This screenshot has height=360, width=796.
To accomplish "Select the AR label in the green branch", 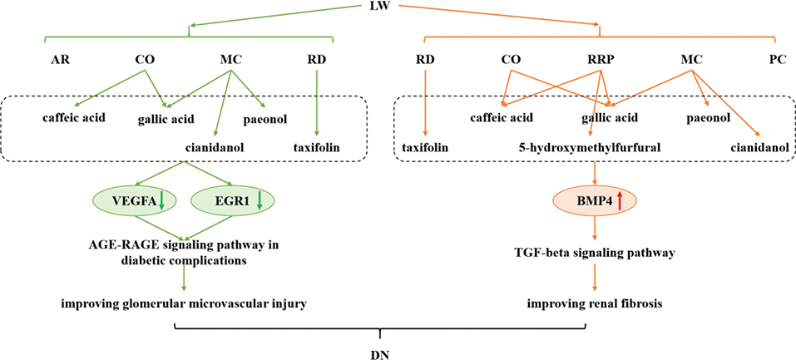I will coord(61,60).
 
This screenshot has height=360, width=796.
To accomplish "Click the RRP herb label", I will coord(595,60).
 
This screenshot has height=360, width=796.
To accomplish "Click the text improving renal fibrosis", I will coord(594,303).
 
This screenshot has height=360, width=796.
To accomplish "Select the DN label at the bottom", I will coord(381,353).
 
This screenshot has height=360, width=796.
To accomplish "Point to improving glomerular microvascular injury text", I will coord(184,303).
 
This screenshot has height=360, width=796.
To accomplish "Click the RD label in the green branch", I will coord(318,60).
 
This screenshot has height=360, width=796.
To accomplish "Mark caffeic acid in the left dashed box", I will coord(75,117).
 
